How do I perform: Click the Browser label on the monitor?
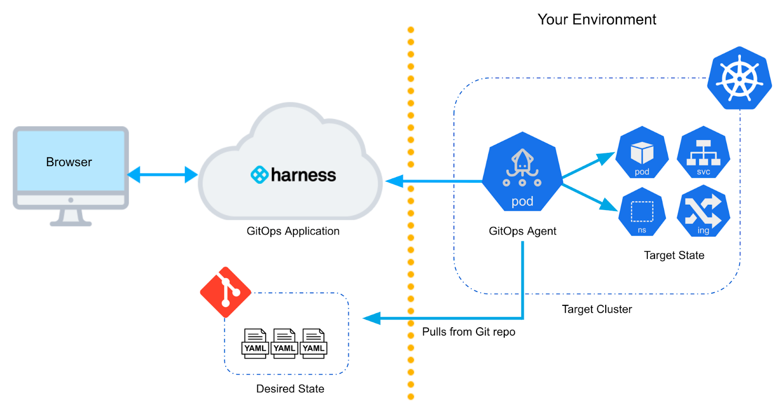click(69, 162)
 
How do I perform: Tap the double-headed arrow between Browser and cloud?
click(162, 174)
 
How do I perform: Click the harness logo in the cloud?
click(293, 174)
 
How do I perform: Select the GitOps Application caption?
click(293, 231)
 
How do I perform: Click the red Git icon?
click(226, 292)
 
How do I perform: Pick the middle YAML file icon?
click(284, 343)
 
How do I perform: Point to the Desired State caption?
click(290, 389)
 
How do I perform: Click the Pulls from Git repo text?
click(468, 332)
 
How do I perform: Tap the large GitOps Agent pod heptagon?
click(522, 173)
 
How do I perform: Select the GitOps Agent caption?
click(522, 231)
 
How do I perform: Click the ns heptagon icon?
click(642, 213)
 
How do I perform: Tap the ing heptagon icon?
click(703, 213)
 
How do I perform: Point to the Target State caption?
click(674, 255)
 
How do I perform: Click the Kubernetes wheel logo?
click(739, 79)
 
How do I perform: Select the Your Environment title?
click(596, 20)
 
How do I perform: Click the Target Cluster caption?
click(596, 309)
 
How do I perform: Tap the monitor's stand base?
click(71, 223)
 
